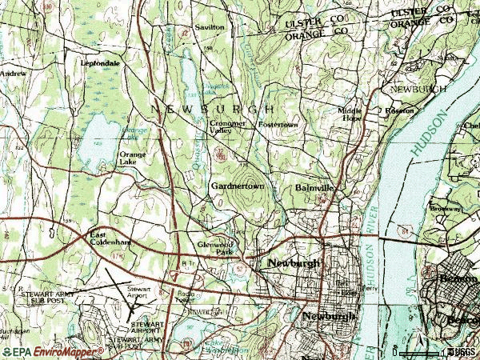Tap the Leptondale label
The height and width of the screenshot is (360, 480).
(x=99, y=62)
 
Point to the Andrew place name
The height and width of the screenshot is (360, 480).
(x=12, y=73)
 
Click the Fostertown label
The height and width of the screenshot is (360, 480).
(x=277, y=125)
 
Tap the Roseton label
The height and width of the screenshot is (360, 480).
(x=400, y=110)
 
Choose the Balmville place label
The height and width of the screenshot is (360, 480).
(x=312, y=187)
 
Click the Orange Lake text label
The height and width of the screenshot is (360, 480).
(x=132, y=158)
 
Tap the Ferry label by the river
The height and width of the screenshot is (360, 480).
(x=369, y=288)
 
